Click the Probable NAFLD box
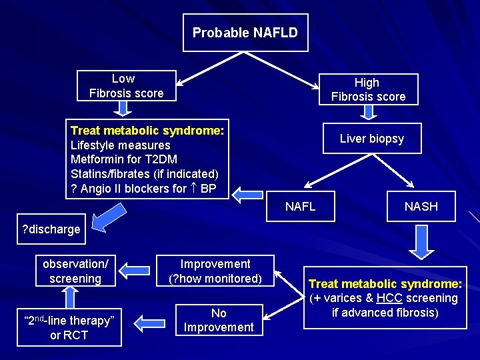click(x=245, y=33)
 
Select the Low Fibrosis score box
click(x=127, y=86)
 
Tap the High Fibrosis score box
click(x=368, y=89)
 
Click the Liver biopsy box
click(x=371, y=139)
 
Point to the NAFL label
click(x=300, y=207)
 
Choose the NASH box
click(x=421, y=206)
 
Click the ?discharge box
click(x=51, y=229)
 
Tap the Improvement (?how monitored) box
click(x=215, y=271)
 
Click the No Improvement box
click(x=219, y=320)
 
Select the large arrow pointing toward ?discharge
click(x=109, y=217)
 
